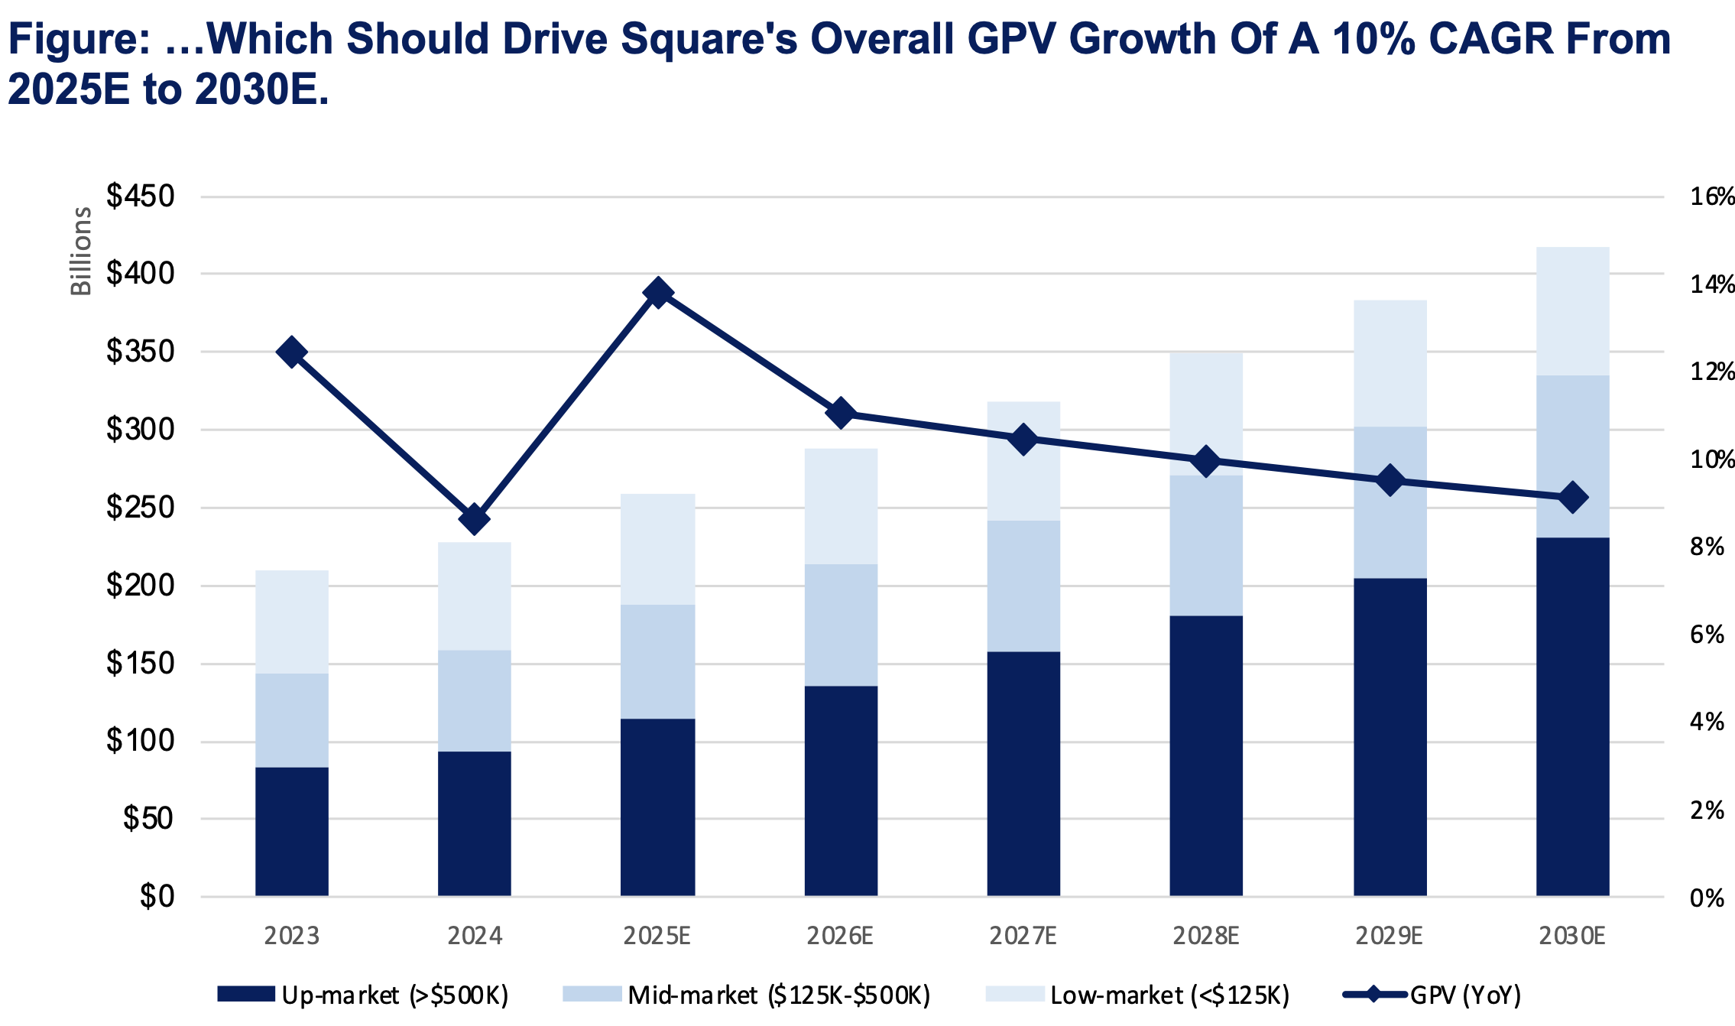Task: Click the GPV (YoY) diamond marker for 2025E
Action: [x=657, y=293]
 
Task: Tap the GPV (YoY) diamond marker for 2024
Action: [x=474, y=520]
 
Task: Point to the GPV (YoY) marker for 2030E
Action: [x=1572, y=498]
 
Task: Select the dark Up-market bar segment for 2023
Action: [x=291, y=831]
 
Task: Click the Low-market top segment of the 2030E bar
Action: [x=1572, y=311]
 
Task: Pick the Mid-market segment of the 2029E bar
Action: [x=1390, y=502]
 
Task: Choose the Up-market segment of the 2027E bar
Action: [x=1023, y=773]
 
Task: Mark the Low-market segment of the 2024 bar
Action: [x=474, y=596]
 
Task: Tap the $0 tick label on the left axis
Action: [x=157, y=896]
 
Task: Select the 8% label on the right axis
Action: [x=1707, y=547]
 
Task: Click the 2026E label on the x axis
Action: [x=840, y=936]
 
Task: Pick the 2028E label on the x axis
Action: [x=1206, y=936]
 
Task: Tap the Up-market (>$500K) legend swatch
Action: [x=246, y=994]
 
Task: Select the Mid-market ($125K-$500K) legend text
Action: [x=779, y=995]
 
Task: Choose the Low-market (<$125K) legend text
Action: [x=1170, y=995]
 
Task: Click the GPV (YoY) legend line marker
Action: [x=1374, y=994]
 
